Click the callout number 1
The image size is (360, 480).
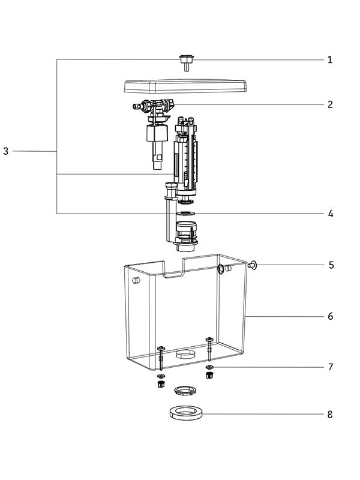coord(329,59)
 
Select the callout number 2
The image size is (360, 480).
coord(330,104)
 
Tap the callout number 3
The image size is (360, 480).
coord(6,151)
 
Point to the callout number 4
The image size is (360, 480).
coord(331,214)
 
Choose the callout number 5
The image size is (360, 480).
coord(331,265)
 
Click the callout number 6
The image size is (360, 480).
coord(331,316)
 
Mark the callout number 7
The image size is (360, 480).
coord(331,367)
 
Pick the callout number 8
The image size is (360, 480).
coord(330,415)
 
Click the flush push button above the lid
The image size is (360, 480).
coord(187,62)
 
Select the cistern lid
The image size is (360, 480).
coord(186,86)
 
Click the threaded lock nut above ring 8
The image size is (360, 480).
coord(185,391)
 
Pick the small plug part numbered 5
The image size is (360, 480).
coord(252,265)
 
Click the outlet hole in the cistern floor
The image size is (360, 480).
coord(185,354)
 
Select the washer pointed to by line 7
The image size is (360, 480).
coord(209,367)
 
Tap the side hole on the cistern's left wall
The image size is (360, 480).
coord(136,280)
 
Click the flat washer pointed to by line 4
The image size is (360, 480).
coord(185,213)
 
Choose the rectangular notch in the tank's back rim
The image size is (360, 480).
coord(173,268)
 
